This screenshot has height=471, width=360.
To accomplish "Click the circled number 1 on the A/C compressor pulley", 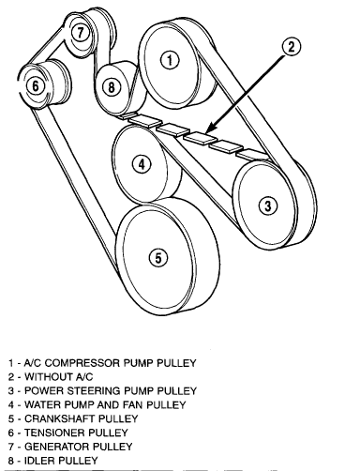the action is (x=170, y=60).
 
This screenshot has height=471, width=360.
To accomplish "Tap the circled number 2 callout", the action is (x=292, y=47).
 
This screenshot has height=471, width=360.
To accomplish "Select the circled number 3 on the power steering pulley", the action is (x=268, y=205).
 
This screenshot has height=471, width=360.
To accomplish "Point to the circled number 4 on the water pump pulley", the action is (x=142, y=164).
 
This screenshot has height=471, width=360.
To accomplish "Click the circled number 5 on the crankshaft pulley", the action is (x=158, y=258).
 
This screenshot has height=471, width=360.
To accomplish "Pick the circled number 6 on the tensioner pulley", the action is (x=36, y=85).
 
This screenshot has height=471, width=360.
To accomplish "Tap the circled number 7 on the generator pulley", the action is (x=81, y=32).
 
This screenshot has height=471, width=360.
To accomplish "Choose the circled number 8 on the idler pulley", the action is (x=112, y=86).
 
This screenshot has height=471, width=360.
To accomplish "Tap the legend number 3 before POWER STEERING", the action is (x=11, y=391).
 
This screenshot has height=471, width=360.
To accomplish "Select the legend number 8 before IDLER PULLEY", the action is (x=11, y=461).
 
